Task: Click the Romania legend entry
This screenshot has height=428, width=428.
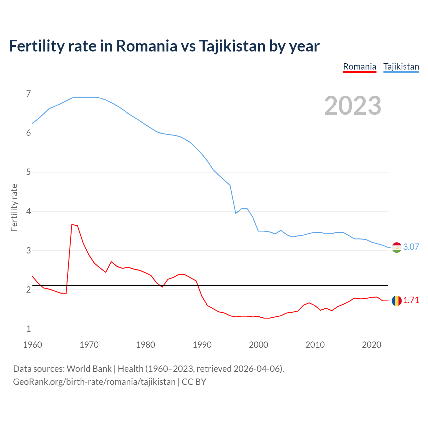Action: click(x=359, y=67)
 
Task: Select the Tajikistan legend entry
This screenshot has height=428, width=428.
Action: click(x=401, y=67)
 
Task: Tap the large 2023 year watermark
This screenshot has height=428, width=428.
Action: click(x=353, y=106)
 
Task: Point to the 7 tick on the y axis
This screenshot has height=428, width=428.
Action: click(x=28, y=94)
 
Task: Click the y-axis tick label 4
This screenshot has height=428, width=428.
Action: click(x=28, y=211)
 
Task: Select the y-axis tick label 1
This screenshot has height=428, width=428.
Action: click(x=28, y=329)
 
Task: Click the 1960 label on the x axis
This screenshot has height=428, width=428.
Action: click(x=32, y=345)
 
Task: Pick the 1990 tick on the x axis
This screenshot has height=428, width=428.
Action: click(x=202, y=345)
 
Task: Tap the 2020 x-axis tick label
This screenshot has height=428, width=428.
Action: click(x=371, y=345)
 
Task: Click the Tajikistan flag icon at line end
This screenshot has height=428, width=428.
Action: click(x=397, y=247)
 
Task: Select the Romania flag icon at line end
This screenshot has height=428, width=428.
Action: click(x=397, y=301)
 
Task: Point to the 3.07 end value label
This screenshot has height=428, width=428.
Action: click(x=411, y=247)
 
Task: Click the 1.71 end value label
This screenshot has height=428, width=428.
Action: click(x=411, y=300)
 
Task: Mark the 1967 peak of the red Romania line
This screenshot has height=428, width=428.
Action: click(x=72, y=224)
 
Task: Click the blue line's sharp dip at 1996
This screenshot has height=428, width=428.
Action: click(x=236, y=213)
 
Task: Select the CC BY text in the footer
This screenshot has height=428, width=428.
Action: click(x=194, y=382)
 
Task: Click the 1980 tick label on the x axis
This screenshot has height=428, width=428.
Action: click(x=145, y=345)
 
